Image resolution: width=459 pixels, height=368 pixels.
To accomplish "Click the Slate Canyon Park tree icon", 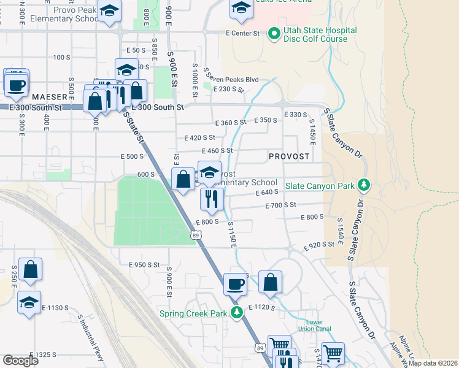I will pyautogui.click(x=363, y=184).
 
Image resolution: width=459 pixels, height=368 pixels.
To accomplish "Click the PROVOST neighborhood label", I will pyautogui.click(x=289, y=156).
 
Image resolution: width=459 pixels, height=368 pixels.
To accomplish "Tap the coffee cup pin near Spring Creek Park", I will pyautogui.click(x=235, y=283).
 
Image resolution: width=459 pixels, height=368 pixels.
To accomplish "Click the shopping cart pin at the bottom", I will pyautogui.click(x=333, y=353).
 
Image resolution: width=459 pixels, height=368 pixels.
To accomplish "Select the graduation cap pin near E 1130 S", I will pyautogui.click(x=29, y=302).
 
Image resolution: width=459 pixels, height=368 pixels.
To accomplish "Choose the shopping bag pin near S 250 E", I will pyautogui.click(x=30, y=269).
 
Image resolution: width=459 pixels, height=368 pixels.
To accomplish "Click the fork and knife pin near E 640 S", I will pyautogui.click(x=210, y=198).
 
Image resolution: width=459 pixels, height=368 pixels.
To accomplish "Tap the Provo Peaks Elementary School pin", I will pyautogui.click(x=109, y=12).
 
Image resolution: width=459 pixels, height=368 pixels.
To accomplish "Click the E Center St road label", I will pyautogui.click(x=242, y=33).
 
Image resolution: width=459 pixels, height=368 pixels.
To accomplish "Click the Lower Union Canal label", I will pyautogui.click(x=314, y=325).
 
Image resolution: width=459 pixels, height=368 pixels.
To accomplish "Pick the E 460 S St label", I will pyautogui.click(x=217, y=150).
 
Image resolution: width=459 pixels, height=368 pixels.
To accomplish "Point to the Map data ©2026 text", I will pyautogui.click(x=432, y=363).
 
